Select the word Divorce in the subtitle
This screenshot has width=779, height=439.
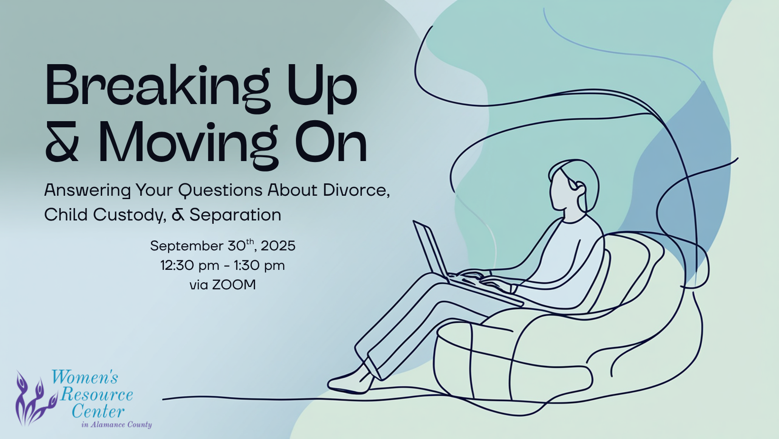pos(355,190)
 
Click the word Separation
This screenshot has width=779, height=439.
pos(235,215)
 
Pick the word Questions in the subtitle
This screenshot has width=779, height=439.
pos(220,190)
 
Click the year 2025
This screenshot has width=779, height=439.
pos(278,246)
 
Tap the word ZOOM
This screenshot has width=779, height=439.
pos(234,285)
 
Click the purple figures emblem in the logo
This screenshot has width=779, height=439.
pos(35,399)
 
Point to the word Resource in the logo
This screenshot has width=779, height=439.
pos(96,395)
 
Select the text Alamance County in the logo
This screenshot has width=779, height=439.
pos(121,425)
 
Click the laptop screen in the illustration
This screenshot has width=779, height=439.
pos(430,249)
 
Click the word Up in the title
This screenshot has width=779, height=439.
pos(322,89)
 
